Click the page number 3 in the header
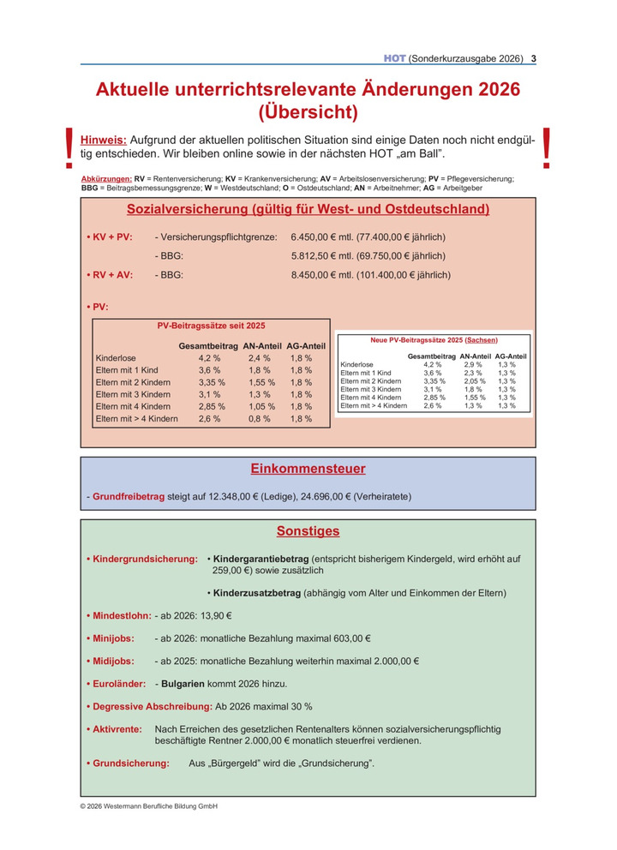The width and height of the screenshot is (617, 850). pyautogui.click(x=534, y=58)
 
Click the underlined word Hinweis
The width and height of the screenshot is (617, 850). pyautogui.click(x=103, y=139)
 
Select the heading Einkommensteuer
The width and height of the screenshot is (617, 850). pyautogui.click(x=308, y=469)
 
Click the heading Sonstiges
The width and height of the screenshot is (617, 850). pyautogui.click(x=308, y=531)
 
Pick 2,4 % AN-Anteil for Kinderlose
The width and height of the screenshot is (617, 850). pyautogui.click(x=260, y=358)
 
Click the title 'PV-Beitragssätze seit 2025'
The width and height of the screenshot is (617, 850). pyautogui.click(x=211, y=326)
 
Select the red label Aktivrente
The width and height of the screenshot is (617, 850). pyautogui.click(x=117, y=729)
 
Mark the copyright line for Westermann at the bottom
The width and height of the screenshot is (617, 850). pyautogui.click(x=148, y=806)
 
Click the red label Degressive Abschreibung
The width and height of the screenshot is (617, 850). pyautogui.click(x=150, y=707)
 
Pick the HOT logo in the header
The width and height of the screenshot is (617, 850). pyautogui.click(x=394, y=58)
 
